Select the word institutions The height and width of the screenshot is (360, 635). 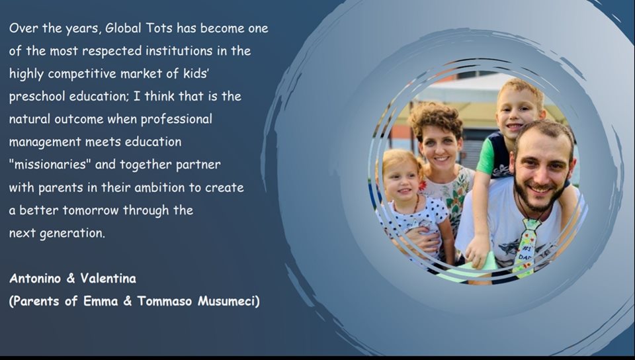[x=179, y=50]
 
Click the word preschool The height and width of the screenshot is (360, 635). [x=37, y=97]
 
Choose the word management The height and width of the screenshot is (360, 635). [x=45, y=142]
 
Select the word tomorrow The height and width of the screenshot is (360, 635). [x=91, y=210]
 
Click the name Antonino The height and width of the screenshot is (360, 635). [x=36, y=279]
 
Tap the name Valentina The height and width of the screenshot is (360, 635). [x=108, y=279]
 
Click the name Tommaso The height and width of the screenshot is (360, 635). [x=165, y=301]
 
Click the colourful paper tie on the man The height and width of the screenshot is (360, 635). [x=526, y=247]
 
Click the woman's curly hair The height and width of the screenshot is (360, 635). [x=435, y=117]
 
